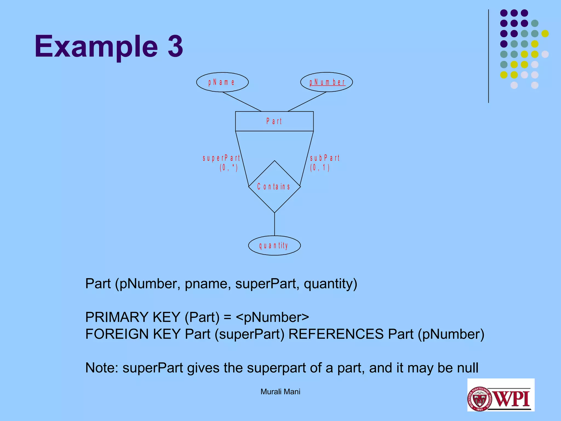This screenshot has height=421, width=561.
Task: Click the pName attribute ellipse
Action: click(222, 82)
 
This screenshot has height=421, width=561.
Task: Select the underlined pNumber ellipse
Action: click(327, 82)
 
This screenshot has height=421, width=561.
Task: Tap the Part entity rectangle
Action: click(274, 121)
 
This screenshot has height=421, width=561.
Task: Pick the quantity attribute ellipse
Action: click(274, 246)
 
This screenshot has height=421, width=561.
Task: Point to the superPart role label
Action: click(221, 158)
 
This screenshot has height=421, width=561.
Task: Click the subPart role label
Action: click(325, 158)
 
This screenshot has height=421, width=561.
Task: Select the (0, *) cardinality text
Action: click(229, 167)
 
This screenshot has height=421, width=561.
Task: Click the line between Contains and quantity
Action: click(274, 224)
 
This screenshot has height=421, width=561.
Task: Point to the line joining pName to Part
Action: click(242, 102)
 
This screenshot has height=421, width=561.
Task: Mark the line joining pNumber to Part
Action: click(307, 102)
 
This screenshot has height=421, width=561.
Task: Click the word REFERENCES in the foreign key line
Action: click(336, 334)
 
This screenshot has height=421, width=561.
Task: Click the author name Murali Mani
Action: click(280, 392)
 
